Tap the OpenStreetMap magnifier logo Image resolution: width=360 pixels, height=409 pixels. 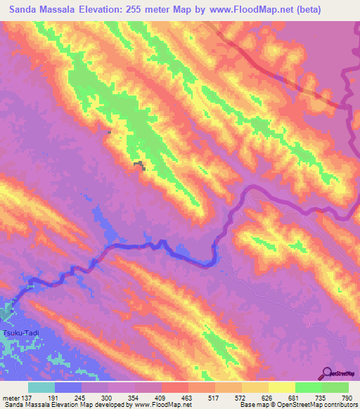click(328, 374)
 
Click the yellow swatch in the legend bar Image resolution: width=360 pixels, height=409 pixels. click(282, 387)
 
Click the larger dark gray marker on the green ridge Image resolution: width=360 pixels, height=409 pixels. click(141, 165)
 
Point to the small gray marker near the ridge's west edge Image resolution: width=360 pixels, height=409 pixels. click(109, 131)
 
